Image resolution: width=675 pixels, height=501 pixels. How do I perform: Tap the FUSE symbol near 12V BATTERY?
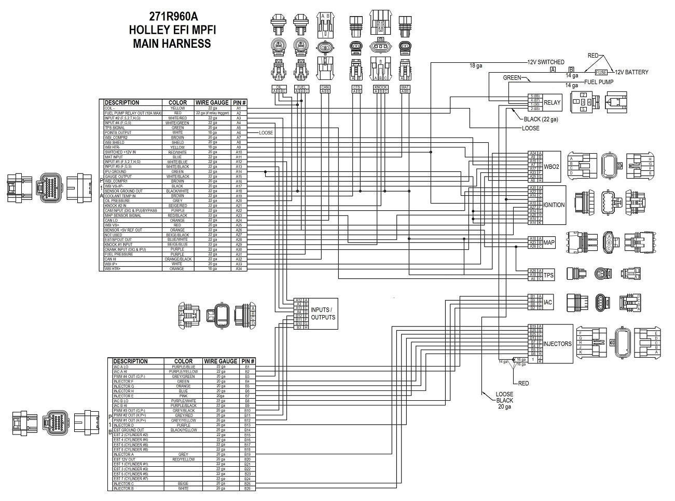(601, 72)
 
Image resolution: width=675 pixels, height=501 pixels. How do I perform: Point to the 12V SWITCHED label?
(546, 62)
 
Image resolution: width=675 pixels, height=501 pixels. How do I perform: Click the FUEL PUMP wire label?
(599, 82)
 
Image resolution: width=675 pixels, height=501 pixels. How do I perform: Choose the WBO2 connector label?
(551, 167)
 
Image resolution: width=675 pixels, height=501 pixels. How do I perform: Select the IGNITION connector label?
(554, 205)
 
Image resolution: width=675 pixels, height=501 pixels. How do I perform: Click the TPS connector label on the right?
(548, 275)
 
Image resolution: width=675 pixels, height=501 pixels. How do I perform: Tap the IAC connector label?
(548, 302)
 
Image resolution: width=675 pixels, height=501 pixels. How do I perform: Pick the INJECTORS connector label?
(557, 344)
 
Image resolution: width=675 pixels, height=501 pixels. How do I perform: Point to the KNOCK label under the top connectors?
(380, 87)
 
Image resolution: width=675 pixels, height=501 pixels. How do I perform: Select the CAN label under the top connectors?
(325, 87)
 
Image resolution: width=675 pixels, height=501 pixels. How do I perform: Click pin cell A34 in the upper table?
(239, 269)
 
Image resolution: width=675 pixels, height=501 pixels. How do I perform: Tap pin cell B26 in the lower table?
(247, 489)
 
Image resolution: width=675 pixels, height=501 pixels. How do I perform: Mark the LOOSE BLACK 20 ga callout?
(504, 400)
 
